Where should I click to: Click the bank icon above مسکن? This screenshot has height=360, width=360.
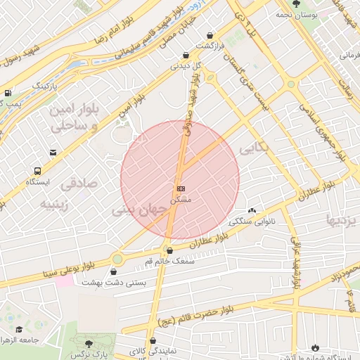181,188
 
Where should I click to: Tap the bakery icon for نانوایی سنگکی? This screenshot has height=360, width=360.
252,211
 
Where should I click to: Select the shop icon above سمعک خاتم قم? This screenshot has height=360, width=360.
169,250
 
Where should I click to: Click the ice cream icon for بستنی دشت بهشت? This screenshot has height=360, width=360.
114,272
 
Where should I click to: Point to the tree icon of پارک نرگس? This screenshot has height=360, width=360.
89,345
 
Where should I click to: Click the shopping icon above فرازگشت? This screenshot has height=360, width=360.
210,35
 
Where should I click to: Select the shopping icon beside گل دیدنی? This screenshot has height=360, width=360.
185,55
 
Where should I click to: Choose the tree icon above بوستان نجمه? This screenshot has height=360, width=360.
295,4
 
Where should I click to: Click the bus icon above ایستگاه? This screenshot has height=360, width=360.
37,170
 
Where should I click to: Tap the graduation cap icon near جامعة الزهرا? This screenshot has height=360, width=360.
19,330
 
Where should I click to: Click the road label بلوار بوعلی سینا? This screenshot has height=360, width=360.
68,270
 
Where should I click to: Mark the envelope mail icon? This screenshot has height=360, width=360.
53,153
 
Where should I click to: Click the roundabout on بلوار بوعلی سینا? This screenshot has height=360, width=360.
117,259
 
